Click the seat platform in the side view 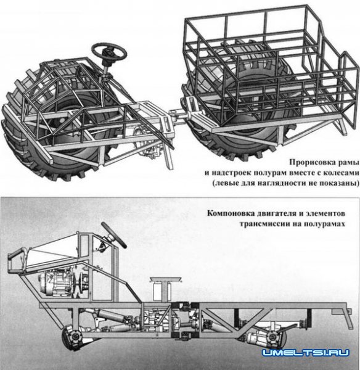point(167,281)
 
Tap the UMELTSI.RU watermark point(305,353)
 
